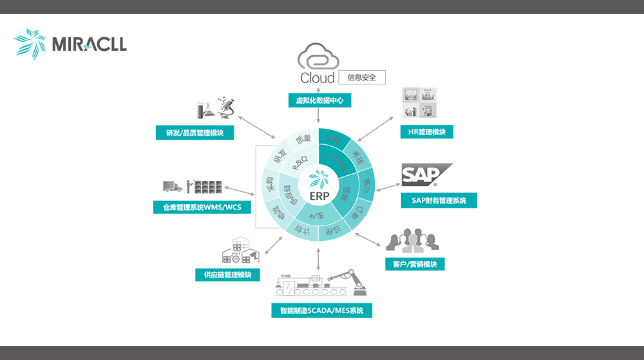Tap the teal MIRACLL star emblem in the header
coord(30,43)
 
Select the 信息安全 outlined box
coord(362,77)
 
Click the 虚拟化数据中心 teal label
coord(319,100)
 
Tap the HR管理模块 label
coord(426,132)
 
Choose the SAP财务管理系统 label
coord(438,200)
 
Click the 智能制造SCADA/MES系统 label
coord(321,311)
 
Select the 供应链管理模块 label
coord(227,274)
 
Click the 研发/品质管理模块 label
coord(194,133)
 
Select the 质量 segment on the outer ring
coord(303,139)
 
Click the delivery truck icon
coord(172,186)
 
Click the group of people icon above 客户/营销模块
coord(412,240)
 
